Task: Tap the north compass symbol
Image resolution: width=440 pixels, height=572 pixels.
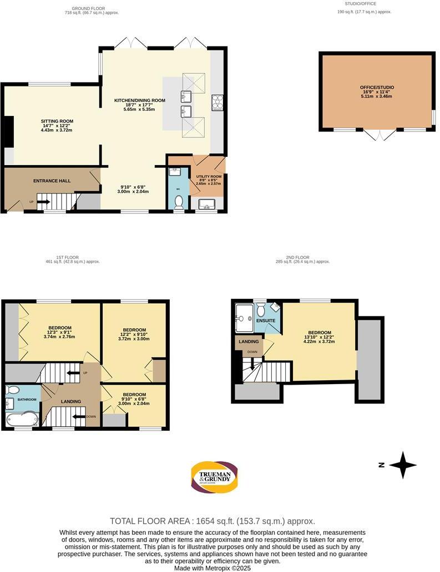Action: pos(402,465)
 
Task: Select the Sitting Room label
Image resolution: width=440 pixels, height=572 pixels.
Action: pos(57,125)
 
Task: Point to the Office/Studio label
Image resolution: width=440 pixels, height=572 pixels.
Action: pos(376,91)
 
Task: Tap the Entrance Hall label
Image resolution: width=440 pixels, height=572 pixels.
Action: pos(52,181)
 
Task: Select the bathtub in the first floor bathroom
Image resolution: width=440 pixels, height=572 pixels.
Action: pos(21,418)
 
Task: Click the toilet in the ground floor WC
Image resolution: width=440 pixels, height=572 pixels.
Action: pos(178,207)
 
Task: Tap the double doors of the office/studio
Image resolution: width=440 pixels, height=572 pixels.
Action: pos(380,135)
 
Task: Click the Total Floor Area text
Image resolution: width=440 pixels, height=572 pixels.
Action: pos(213,521)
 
